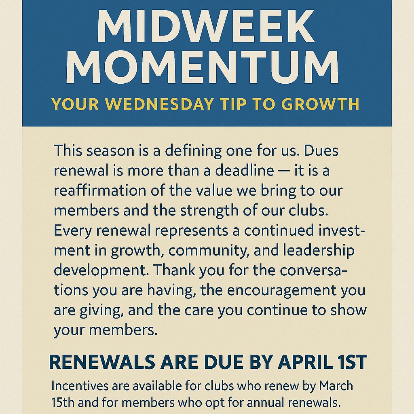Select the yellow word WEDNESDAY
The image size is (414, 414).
click(x=161, y=104)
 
